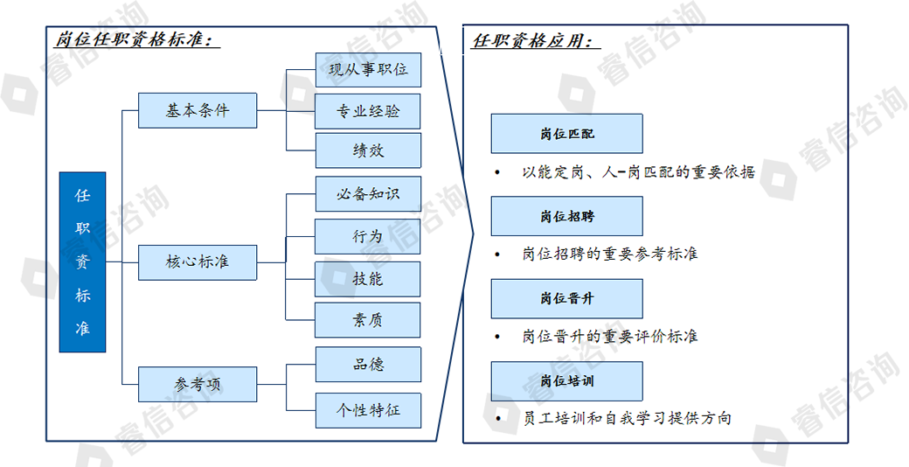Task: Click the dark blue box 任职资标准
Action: pos(82,261)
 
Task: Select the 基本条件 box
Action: pos(198,110)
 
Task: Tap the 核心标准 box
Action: pos(198,262)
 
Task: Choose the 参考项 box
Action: pos(198,384)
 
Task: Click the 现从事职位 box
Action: pos(368,70)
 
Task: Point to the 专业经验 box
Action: pos(368,111)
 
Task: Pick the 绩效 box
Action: pos(368,150)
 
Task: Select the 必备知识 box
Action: pos(368,194)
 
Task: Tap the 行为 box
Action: pos(368,236)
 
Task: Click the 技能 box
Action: pos(368,279)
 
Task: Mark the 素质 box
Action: pos(368,320)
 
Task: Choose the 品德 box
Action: pos(368,365)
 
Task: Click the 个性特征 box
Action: pos(368,411)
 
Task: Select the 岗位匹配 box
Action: pos(567,134)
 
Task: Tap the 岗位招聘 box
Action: pos(567,216)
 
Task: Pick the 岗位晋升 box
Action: pos(567,298)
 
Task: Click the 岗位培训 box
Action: pos(567,381)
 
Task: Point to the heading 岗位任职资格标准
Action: pos(137,39)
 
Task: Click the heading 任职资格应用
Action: pos(537,40)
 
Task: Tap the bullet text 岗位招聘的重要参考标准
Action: pos(610,254)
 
